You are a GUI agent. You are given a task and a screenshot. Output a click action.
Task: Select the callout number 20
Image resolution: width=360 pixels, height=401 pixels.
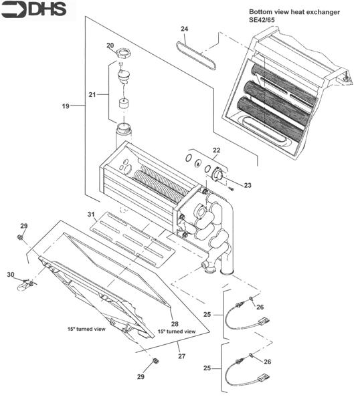click(x=110, y=45)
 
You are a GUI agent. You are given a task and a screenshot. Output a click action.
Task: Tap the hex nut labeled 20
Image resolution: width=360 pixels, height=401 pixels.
click(x=122, y=53)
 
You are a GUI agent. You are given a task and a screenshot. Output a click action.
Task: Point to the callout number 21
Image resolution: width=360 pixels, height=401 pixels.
click(x=94, y=94)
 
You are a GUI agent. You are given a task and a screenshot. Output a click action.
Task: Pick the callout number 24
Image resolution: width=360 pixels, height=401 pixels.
click(x=184, y=29)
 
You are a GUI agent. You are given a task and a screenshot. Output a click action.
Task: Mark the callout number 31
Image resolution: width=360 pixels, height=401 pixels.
click(x=90, y=214)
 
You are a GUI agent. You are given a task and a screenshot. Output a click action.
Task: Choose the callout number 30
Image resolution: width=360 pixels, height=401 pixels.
click(x=10, y=275)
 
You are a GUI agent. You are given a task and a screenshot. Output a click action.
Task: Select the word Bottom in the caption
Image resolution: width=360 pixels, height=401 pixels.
click(x=262, y=12)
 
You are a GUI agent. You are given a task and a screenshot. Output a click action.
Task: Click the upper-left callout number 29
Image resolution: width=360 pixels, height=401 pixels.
click(x=23, y=226)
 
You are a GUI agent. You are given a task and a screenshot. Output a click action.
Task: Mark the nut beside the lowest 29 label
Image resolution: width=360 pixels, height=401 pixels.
click(x=155, y=362)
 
